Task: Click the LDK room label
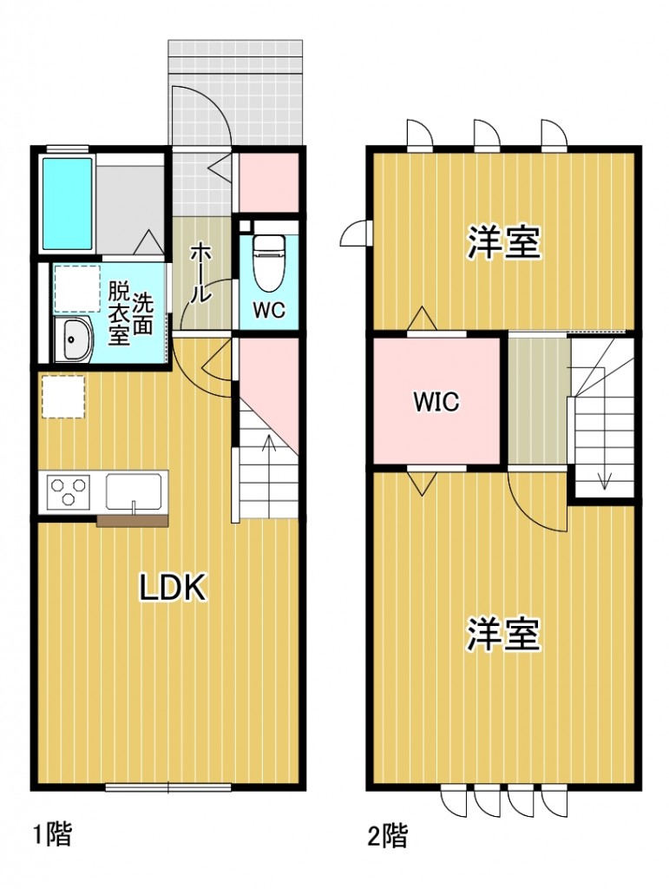pos(174,589)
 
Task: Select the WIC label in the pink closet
pos(436,402)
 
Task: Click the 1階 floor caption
pos(52,835)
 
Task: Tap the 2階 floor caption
pos(387,836)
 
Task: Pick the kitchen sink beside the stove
pos(135,491)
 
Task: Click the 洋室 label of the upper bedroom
pos(504,243)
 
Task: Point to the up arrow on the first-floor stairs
pos(266,451)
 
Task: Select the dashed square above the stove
pos(62,396)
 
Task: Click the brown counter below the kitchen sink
pos(131,521)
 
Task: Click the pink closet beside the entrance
pos(268,182)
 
